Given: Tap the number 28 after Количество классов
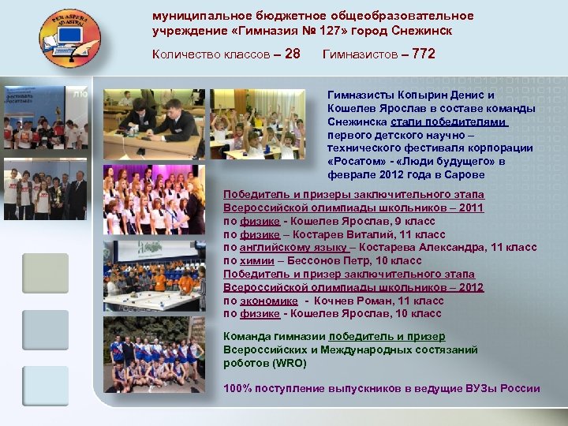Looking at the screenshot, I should [292, 54].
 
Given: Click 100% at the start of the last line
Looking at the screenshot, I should [238, 388].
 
